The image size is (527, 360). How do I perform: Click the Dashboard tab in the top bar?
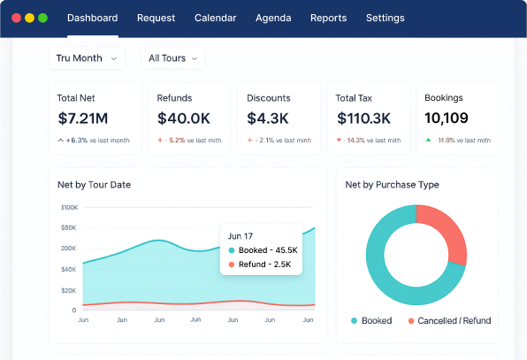pos(92,18)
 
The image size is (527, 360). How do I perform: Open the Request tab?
pos(157,18)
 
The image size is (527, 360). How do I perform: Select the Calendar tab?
pos(215,18)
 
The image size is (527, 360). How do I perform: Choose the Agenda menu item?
pos(273,18)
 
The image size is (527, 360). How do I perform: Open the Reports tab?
pos(328,18)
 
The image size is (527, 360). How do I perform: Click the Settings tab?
pos(385,18)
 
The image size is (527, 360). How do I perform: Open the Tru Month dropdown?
pos(86,58)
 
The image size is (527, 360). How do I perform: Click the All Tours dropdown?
pos(172,58)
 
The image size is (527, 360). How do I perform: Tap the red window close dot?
pos(17,18)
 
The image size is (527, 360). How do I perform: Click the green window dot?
pos(42,18)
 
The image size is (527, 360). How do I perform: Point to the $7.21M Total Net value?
pos(83,118)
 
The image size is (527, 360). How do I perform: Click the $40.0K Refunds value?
pos(183,118)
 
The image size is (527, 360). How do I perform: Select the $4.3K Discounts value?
pos(268,118)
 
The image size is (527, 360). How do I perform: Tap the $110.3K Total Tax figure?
pos(363,118)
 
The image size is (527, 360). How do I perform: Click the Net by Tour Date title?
pos(95,185)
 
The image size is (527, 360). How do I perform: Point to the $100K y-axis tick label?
pos(69,208)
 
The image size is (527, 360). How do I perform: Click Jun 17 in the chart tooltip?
pos(241,236)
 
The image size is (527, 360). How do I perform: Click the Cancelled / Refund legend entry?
pos(449,320)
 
